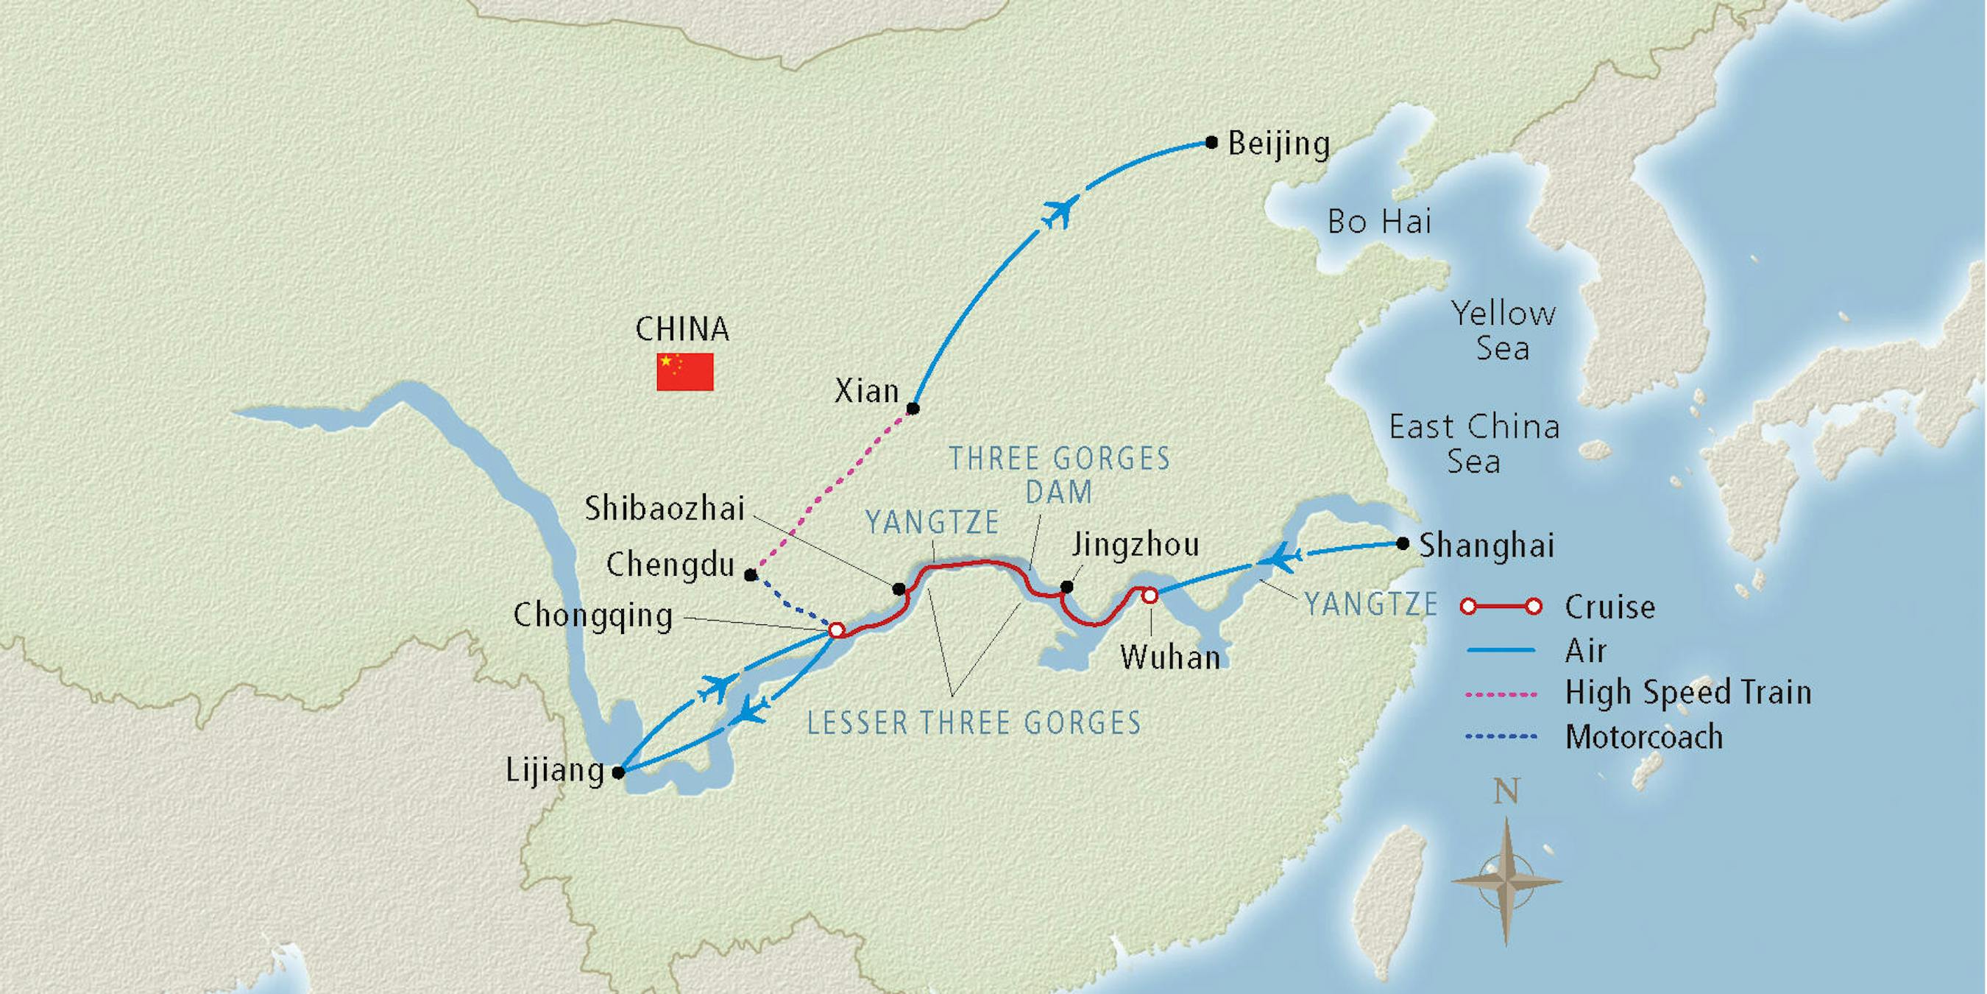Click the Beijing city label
pyautogui.click(x=1278, y=145)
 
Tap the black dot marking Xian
pyautogui.click(x=913, y=408)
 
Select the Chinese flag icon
pyautogui.click(x=685, y=372)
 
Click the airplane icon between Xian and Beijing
pyautogui.click(x=1060, y=211)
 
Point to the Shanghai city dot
pyautogui.click(x=1403, y=543)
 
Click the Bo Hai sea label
pyautogui.click(x=1379, y=222)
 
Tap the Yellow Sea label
pyautogui.click(x=1503, y=331)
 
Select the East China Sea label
pyautogui.click(x=1474, y=444)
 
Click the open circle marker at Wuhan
pyautogui.click(x=1150, y=595)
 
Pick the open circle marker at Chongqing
pyautogui.click(x=835, y=630)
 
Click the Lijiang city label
pyautogui.click(x=555, y=771)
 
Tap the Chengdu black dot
pyautogui.click(x=750, y=575)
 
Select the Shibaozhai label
pyautogui.click(x=665, y=509)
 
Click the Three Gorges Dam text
pyautogui.click(x=1059, y=475)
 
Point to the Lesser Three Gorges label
pyautogui.click(x=974, y=723)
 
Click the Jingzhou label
pyautogui.click(x=1136, y=545)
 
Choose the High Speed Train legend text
pyautogui.click(x=1687, y=692)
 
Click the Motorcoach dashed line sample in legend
pyautogui.click(x=1501, y=736)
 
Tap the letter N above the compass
pyautogui.click(x=1506, y=792)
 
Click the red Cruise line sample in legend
pyautogui.click(x=1501, y=607)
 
